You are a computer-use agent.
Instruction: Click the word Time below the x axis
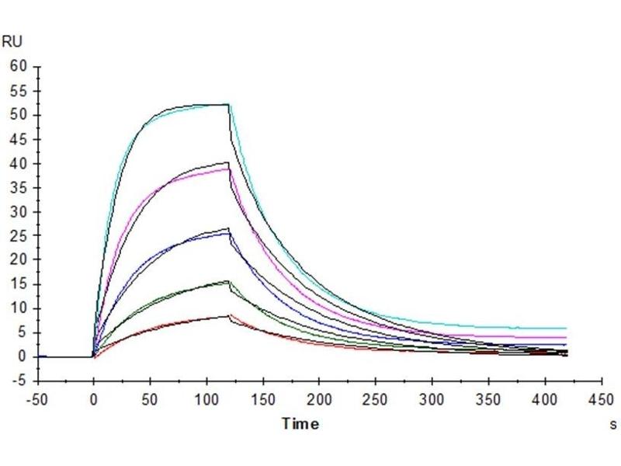coord(300,424)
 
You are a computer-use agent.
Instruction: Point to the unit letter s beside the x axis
coord(613,425)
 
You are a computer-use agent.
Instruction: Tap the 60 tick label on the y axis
coord(19,67)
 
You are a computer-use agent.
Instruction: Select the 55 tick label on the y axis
coord(19,91)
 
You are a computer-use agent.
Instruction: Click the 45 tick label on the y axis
coord(19,139)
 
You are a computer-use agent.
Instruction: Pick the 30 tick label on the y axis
coord(19,212)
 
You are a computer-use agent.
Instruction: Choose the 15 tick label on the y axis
coord(19,284)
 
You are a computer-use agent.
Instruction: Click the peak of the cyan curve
coord(228,104)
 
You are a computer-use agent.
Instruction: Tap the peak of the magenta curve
coord(228,169)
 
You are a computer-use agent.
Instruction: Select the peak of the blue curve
coord(228,233)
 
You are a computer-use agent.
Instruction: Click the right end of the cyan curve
coord(566,329)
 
